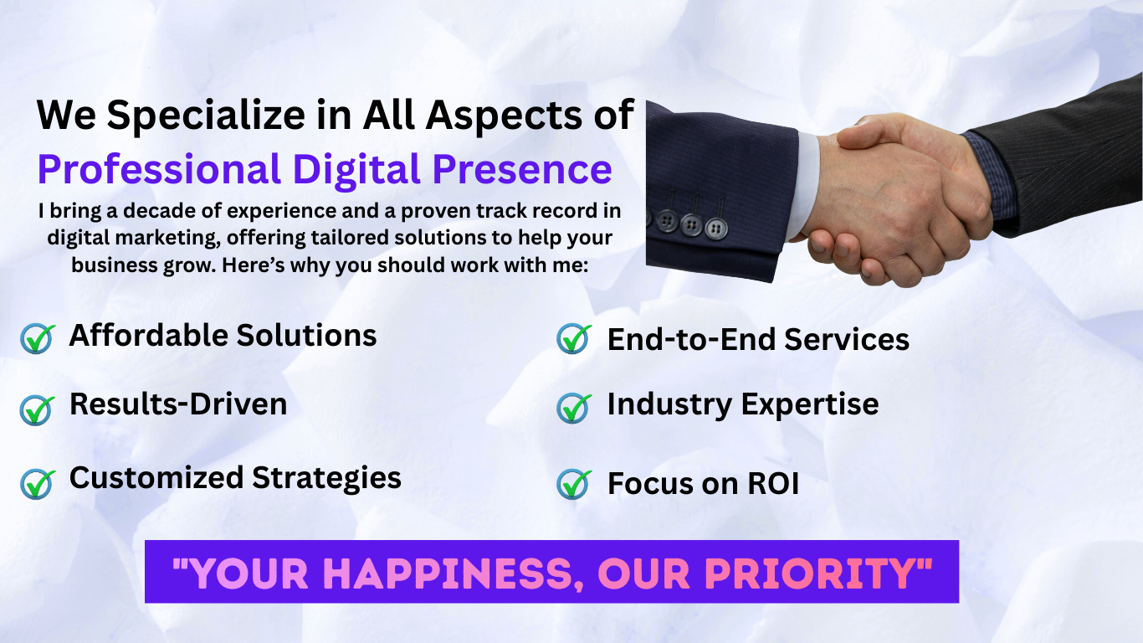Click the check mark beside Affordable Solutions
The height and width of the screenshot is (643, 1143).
pyautogui.click(x=38, y=338)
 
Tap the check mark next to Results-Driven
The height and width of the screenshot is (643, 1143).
pyautogui.click(x=38, y=410)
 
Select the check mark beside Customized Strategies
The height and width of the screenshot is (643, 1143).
pyautogui.click(x=38, y=484)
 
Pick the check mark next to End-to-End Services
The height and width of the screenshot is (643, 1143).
pyautogui.click(x=574, y=338)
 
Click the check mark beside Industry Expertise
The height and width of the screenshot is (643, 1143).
pyautogui.click(x=574, y=408)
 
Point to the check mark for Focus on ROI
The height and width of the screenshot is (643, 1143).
pyautogui.click(x=574, y=484)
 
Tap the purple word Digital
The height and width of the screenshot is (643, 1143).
pyautogui.click(x=356, y=169)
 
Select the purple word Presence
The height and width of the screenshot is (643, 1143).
pyautogui.click(x=522, y=170)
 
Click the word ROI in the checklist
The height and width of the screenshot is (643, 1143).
pyautogui.click(x=773, y=483)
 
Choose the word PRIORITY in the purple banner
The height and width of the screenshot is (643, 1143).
pyautogui.click(x=812, y=574)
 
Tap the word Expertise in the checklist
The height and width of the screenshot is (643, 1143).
pyautogui.click(x=810, y=405)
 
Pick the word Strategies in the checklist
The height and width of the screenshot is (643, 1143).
pyautogui.click(x=326, y=480)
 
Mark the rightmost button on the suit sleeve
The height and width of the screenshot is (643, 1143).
pyautogui.click(x=716, y=228)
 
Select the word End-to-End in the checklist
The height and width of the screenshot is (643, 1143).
pyautogui.click(x=692, y=340)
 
